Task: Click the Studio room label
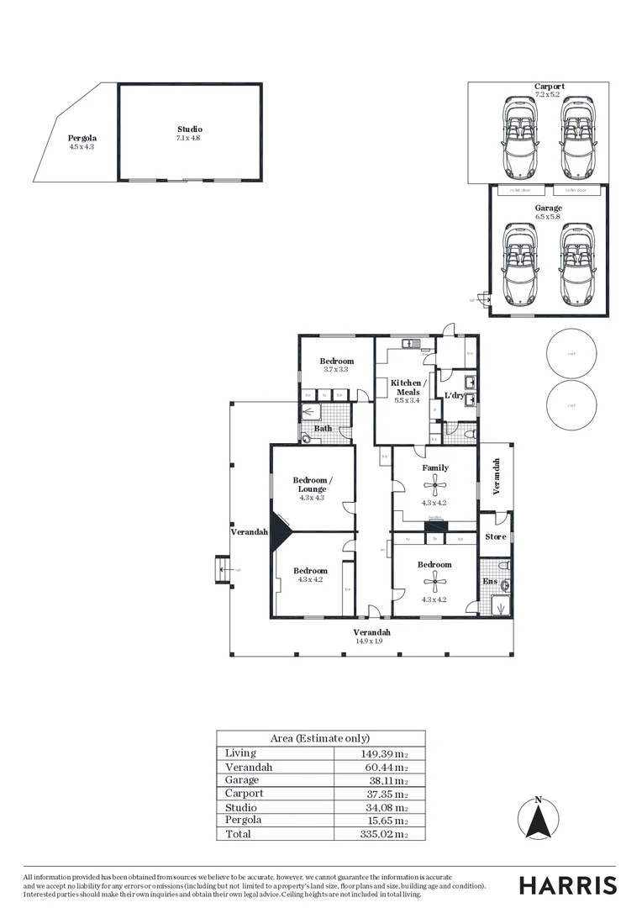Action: (189, 129)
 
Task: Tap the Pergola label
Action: (82, 138)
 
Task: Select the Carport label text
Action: (549, 87)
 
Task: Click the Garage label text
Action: (549, 208)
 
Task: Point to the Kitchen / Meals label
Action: (408, 388)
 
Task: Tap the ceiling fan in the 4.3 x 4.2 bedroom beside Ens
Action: (434, 579)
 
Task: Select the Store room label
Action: (496, 536)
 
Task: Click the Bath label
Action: (323, 429)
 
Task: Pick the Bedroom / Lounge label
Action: (312, 484)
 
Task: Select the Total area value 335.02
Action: (383, 834)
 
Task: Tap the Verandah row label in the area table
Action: (249, 768)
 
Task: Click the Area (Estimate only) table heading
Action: (320, 738)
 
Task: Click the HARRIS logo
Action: (567, 885)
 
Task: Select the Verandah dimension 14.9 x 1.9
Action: (371, 641)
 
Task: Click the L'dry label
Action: (454, 396)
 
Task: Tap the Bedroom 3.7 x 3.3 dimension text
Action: (336, 369)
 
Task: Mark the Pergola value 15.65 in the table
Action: (385, 821)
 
